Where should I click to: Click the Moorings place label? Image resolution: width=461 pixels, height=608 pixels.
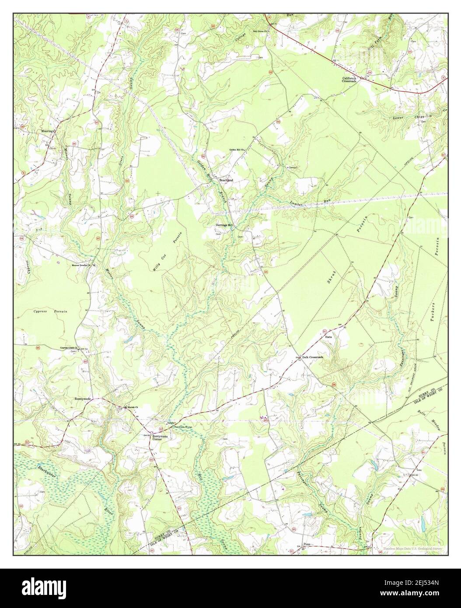47,130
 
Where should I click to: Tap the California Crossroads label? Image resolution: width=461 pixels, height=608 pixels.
349,80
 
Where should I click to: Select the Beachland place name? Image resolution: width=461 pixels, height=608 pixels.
226,180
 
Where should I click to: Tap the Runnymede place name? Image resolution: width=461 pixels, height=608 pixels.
82,399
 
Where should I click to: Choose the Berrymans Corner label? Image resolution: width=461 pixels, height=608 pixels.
154,438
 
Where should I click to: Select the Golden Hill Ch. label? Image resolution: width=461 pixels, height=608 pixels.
239,150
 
